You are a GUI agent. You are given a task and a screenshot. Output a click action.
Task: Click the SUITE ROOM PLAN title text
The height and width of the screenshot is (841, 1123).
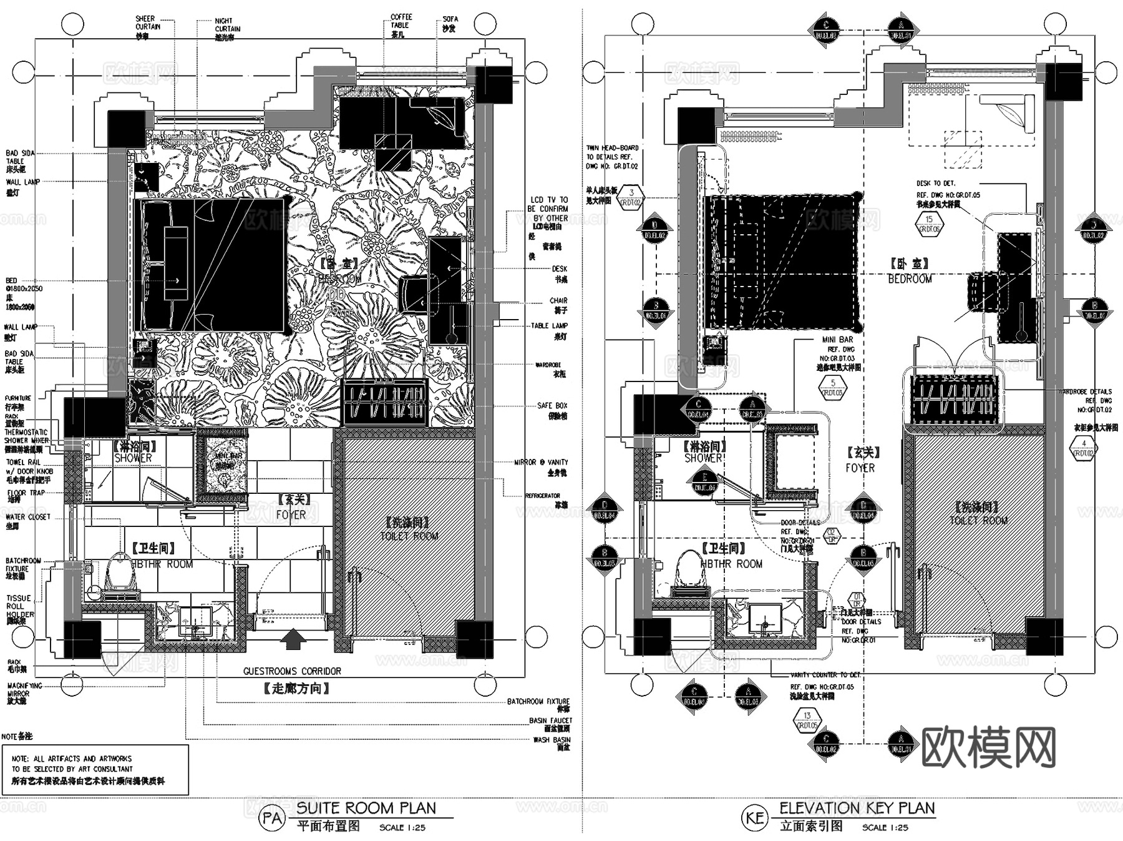(x=366, y=808)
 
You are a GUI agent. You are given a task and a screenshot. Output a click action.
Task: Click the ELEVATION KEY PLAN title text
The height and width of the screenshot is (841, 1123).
(x=857, y=808)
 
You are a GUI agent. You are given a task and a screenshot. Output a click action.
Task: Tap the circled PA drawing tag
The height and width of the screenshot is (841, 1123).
(x=272, y=818)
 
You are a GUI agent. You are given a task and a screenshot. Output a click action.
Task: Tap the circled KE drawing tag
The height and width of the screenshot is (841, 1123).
(x=755, y=818)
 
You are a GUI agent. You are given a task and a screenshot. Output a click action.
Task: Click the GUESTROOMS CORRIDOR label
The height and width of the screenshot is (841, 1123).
(x=292, y=671)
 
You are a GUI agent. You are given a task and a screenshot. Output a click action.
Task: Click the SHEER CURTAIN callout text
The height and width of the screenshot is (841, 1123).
(x=148, y=23)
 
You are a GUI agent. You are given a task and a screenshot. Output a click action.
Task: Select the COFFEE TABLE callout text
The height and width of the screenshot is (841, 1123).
(x=401, y=21)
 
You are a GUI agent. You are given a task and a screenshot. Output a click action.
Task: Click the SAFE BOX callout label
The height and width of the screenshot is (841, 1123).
(x=552, y=406)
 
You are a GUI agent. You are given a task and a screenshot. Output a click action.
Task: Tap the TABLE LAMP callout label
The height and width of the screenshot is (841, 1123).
(x=549, y=326)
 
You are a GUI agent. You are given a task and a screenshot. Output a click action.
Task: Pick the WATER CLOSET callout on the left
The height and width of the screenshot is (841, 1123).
(x=27, y=517)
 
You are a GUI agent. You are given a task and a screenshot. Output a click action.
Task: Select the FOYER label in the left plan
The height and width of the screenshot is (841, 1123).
(x=291, y=514)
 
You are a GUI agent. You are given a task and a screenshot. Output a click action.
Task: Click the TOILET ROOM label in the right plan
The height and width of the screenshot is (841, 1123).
(x=978, y=520)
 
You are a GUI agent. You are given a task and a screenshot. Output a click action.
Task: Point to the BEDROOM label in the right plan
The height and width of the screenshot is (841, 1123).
(x=910, y=279)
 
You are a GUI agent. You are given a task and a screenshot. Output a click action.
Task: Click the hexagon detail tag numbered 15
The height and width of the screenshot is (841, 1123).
(x=929, y=224)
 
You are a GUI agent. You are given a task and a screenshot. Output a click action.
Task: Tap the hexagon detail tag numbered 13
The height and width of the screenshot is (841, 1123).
(x=807, y=720)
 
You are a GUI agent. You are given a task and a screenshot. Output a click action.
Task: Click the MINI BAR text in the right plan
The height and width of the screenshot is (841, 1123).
(x=837, y=340)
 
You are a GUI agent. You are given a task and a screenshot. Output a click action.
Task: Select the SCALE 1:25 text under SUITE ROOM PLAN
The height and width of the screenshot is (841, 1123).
(x=402, y=828)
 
